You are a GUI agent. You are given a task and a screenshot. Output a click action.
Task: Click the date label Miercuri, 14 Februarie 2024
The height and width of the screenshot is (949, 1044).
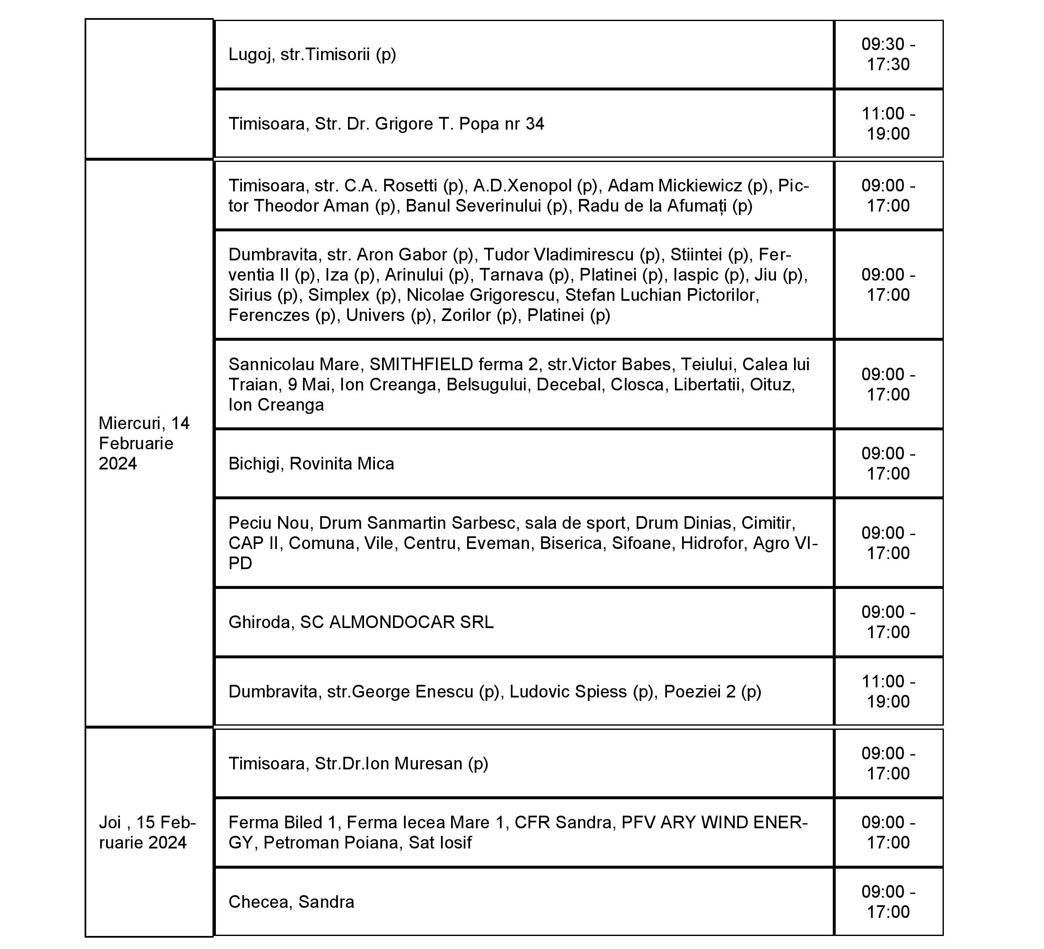(144, 443)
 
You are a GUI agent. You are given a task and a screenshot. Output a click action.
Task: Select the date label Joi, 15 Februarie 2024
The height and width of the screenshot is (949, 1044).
(147, 832)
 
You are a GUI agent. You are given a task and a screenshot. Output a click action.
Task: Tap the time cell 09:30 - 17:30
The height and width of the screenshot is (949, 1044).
(888, 54)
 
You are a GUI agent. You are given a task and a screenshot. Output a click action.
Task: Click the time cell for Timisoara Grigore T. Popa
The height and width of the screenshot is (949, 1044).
(888, 124)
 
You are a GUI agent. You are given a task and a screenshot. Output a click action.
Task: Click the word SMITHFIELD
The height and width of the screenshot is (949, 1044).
(421, 364)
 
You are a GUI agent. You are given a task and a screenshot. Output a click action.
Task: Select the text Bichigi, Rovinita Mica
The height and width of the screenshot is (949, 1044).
(311, 464)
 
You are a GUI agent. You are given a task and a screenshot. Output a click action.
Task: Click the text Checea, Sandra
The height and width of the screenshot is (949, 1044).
(291, 902)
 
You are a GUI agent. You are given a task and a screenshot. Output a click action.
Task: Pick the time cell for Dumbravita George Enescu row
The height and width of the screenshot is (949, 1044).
(888, 691)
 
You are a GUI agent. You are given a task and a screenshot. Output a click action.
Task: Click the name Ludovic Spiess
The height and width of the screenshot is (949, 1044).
(568, 692)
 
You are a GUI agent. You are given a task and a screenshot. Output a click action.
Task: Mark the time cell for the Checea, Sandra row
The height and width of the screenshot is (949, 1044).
(888, 901)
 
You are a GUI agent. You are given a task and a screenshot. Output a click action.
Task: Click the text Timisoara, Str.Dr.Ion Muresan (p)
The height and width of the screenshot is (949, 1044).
(359, 763)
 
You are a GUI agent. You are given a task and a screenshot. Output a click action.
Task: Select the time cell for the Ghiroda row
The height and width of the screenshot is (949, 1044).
(888, 622)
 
